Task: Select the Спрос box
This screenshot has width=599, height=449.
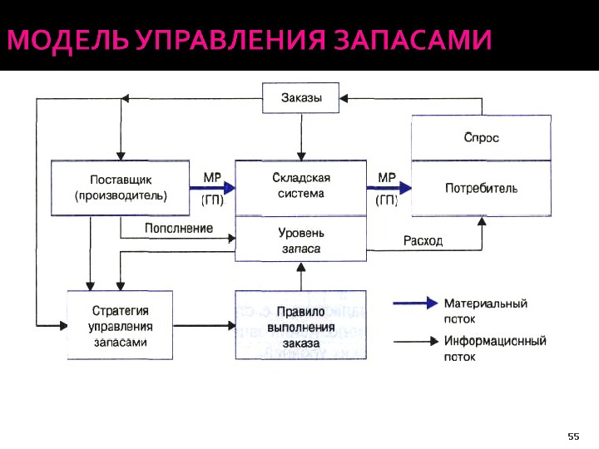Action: click(481, 137)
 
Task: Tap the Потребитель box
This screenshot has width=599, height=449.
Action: click(481, 188)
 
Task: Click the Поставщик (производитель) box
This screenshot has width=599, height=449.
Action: click(121, 188)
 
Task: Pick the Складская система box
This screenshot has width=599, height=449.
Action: click(301, 186)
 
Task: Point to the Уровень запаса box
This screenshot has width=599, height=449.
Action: click(301, 240)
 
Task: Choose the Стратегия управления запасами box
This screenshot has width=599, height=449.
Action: click(120, 325)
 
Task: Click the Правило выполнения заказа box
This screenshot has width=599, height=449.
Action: click(300, 325)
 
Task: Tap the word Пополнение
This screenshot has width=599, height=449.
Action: click(179, 228)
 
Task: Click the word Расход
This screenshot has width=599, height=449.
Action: click(423, 240)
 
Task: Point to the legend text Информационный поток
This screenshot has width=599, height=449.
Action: click(494, 348)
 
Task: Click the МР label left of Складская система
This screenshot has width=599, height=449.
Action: click(212, 177)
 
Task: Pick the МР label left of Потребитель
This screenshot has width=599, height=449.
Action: click(387, 177)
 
